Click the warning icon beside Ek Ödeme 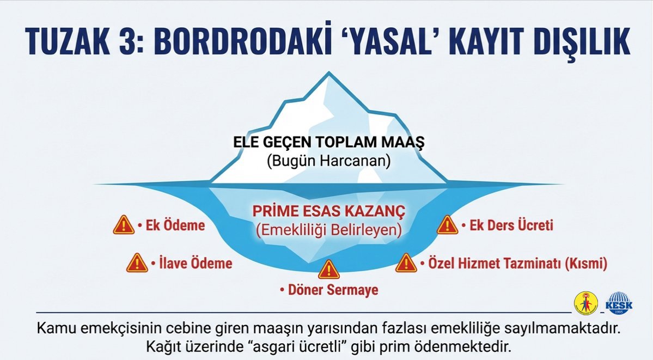pos(124,224)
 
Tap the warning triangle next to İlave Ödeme pos(137,263)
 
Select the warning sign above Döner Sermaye pos(328,269)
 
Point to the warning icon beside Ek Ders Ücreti pos(447,224)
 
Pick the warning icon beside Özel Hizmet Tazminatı pos(406,263)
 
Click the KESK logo pos(620,303)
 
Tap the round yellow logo pos(585,303)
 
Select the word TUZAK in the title pos(69,41)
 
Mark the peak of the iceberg pos(327,75)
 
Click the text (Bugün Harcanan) pos(329,162)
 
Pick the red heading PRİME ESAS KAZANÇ pos(329,211)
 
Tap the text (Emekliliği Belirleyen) pos(329,230)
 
